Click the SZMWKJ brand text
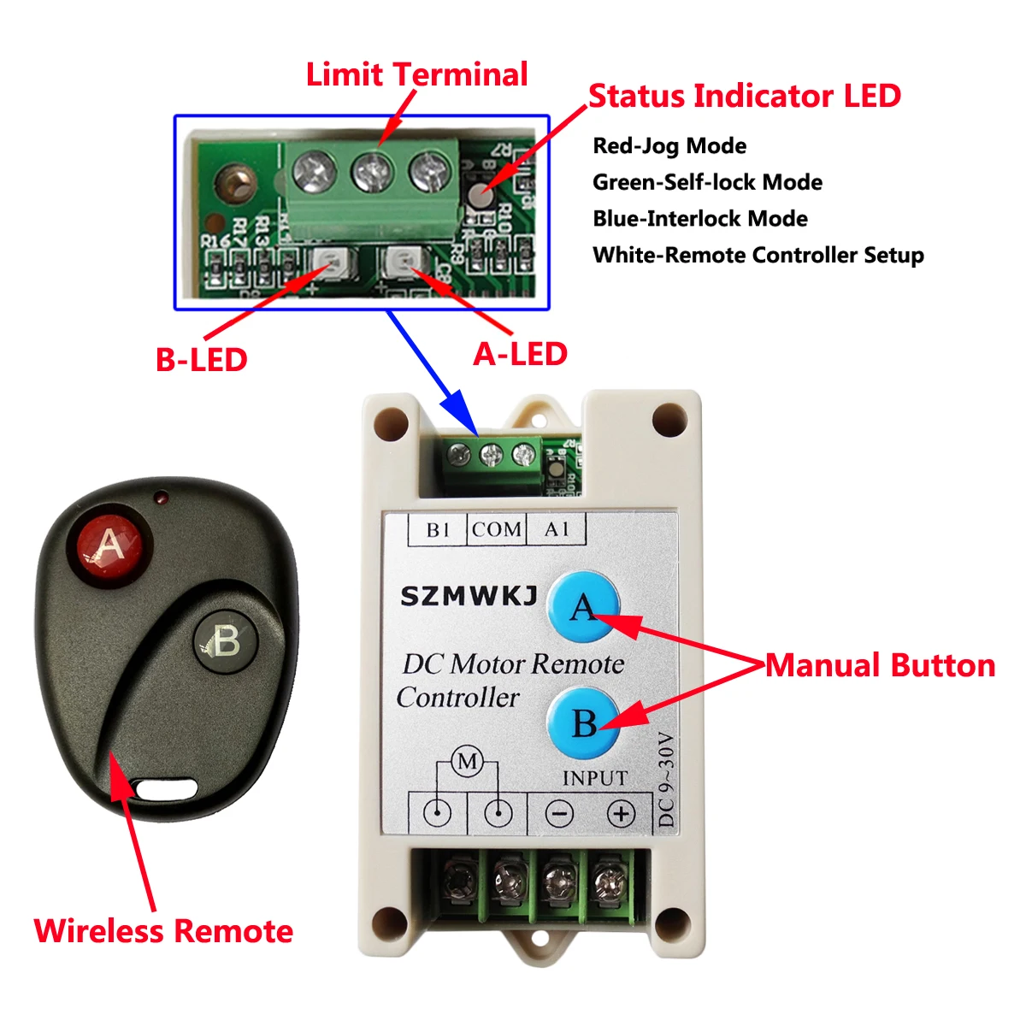click(x=469, y=596)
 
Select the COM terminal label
click(x=497, y=530)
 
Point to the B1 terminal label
click(x=438, y=530)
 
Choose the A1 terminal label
click(x=557, y=530)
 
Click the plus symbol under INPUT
click(x=621, y=813)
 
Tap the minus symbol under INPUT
click(x=559, y=813)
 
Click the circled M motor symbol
click(x=467, y=761)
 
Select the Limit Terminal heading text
click(x=416, y=74)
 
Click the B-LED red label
click(x=201, y=359)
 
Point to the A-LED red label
click(x=520, y=354)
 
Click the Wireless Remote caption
click(x=163, y=931)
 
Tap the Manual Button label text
click(x=880, y=665)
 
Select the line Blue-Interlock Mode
click(x=699, y=219)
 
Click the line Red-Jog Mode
click(x=669, y=146)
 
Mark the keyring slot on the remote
click(x=167, y=787)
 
